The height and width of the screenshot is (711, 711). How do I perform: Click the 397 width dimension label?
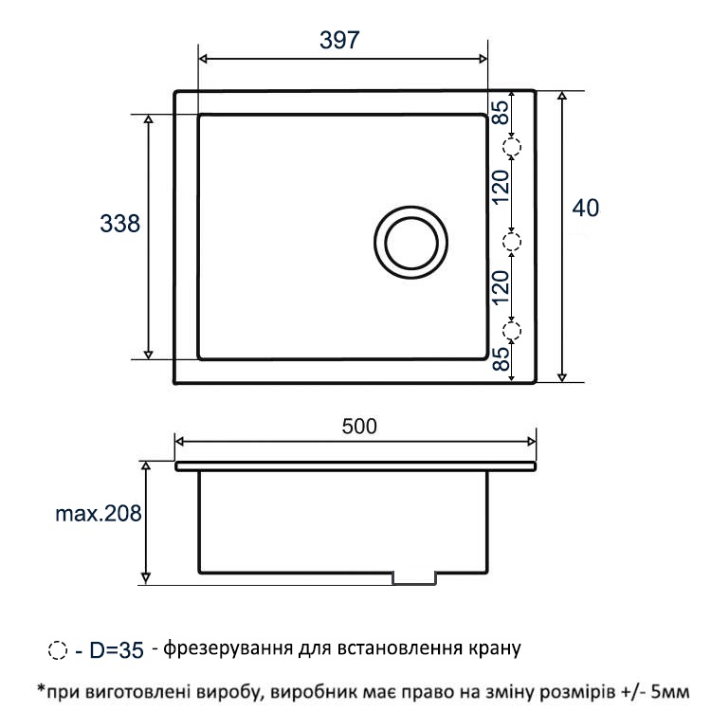pyautogui.click(x=339, y=40)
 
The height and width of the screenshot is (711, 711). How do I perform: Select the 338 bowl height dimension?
pyautogui.click(x=119, y=224)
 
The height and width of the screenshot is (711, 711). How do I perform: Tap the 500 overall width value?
pyautogui.click(x=359, y=427)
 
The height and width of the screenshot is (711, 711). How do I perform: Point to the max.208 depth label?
pyautogui.click(x=98, y=513)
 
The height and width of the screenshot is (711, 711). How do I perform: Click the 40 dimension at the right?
pyautogui.click(x=586, y=209)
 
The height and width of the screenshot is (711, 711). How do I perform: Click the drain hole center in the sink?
pyautogui.click(x=410, y=243)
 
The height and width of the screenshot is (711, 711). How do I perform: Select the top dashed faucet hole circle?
pyautogui.click(x=512, y=147)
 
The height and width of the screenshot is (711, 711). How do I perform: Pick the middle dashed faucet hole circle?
pyautogui.click(x=512, y=242)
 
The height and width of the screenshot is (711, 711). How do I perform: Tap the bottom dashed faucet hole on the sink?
pyautogui.click(x=512, y=331)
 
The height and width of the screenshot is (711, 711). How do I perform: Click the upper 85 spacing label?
pyautogui.click(x=501, y=113)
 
